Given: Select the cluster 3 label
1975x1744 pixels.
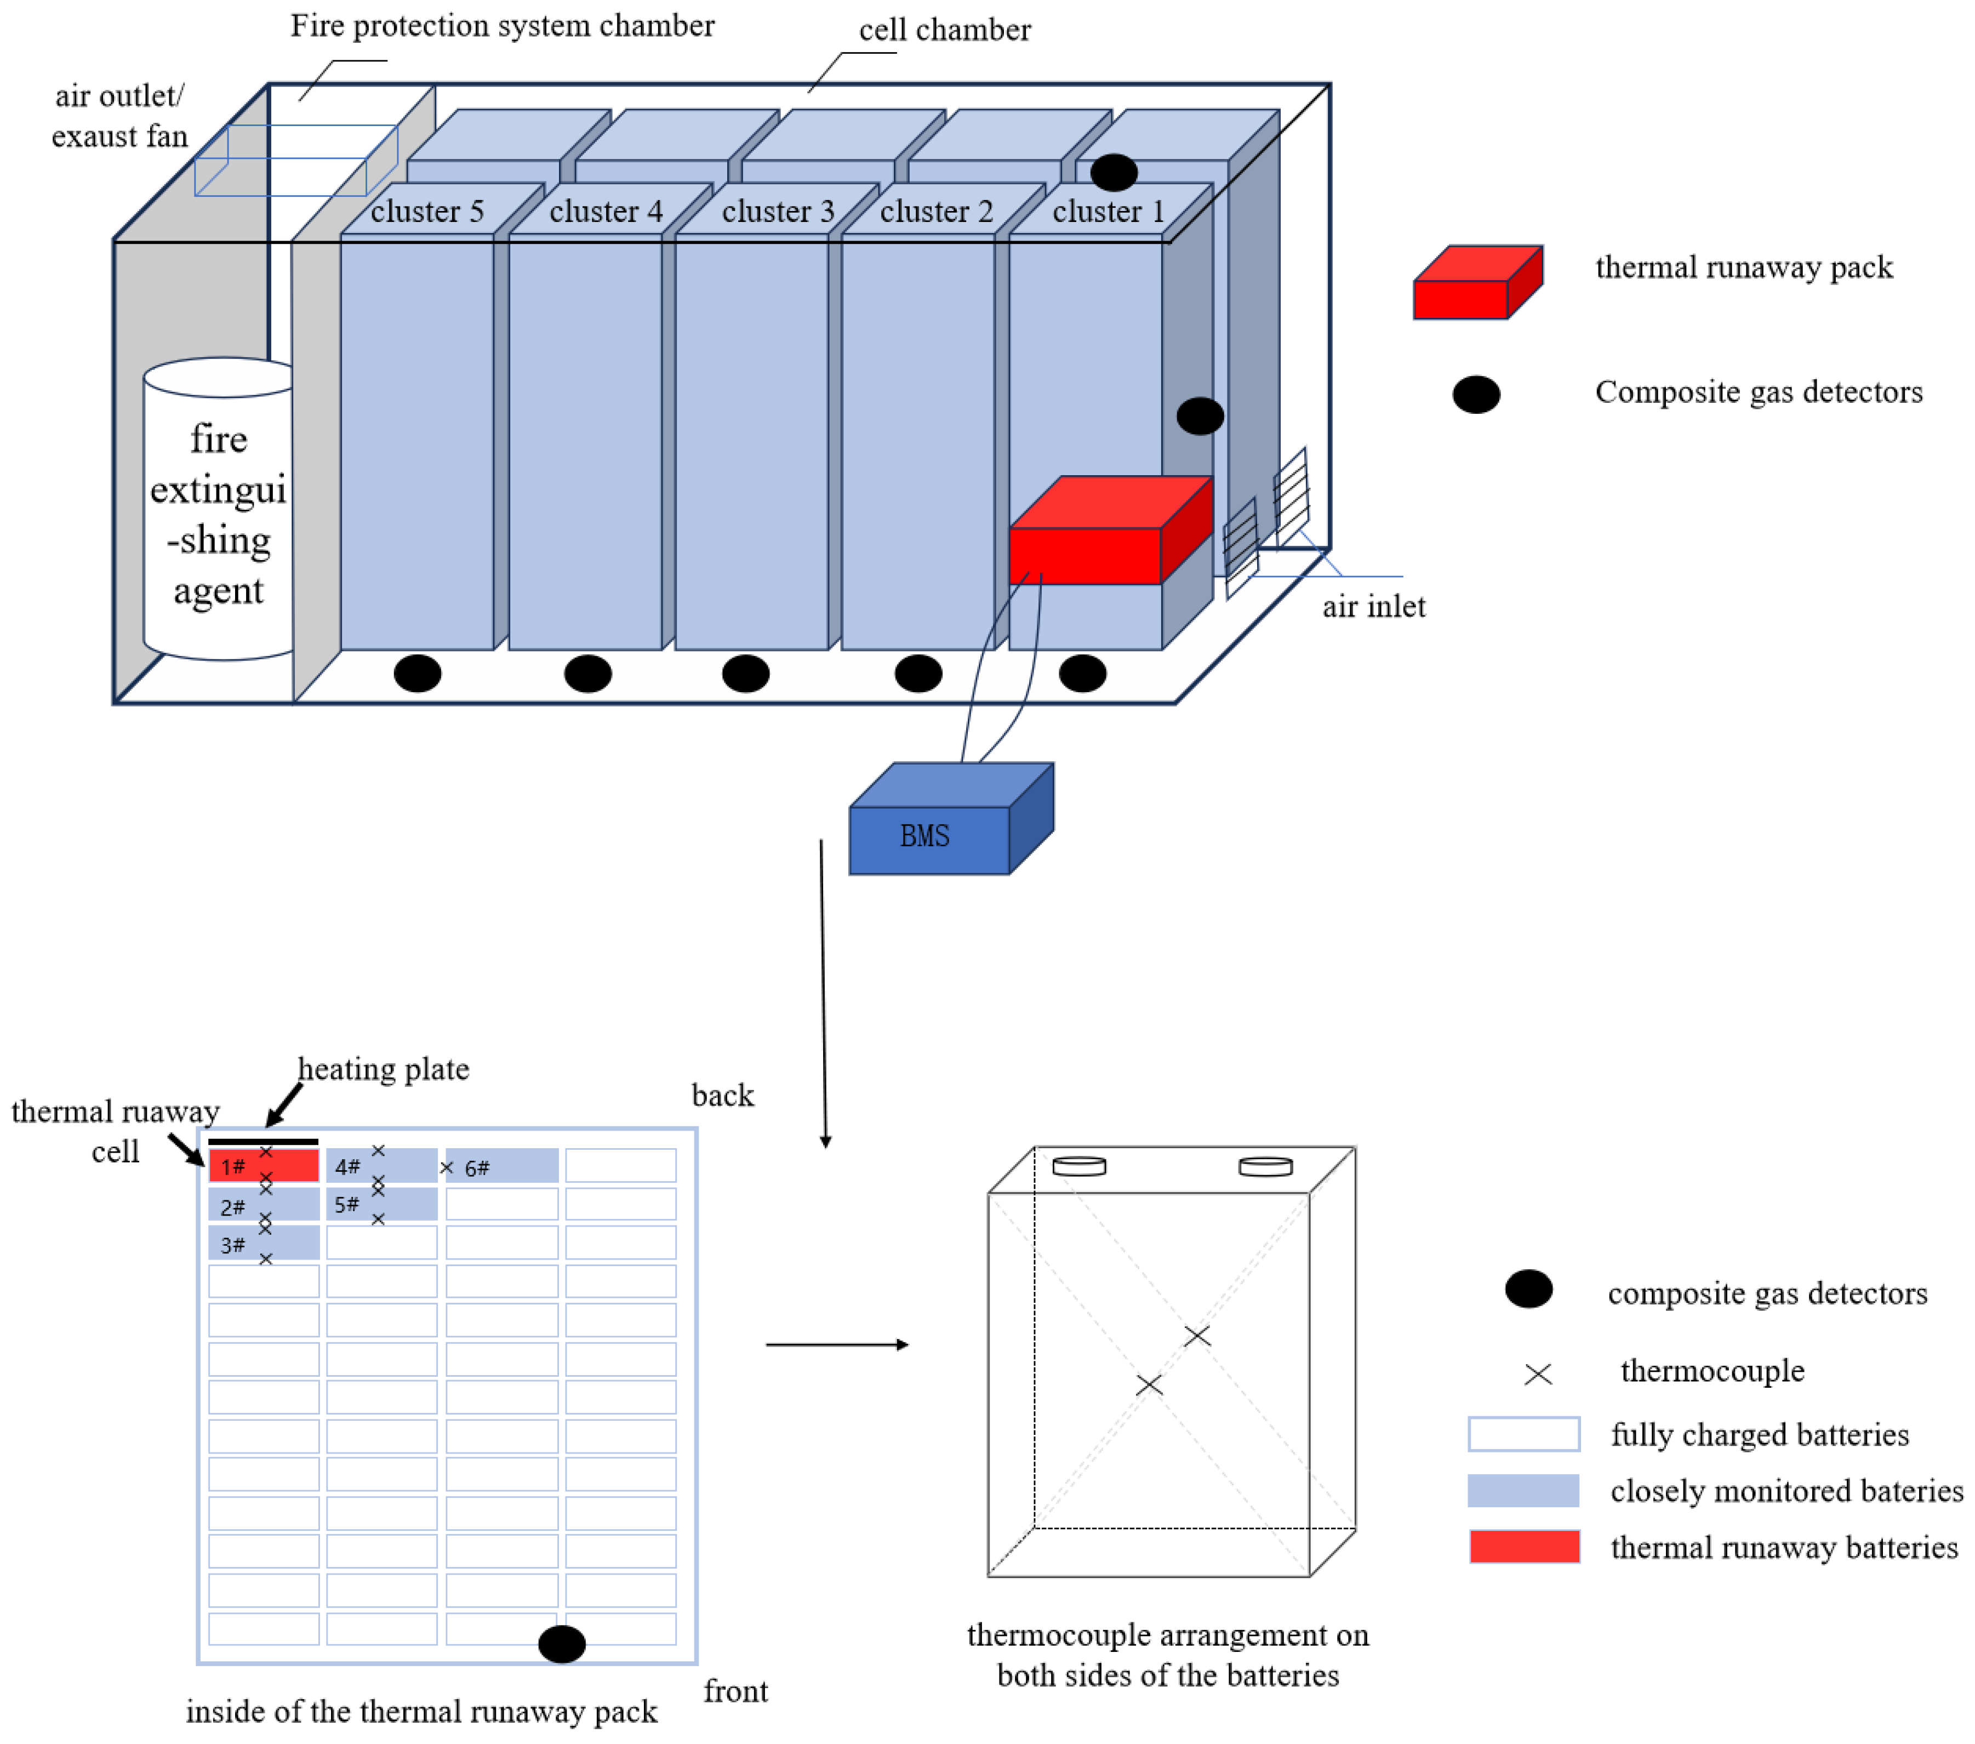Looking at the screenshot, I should click(778, 212).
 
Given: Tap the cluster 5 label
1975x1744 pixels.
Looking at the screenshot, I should click(427, 212).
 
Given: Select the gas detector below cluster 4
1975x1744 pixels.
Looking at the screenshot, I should click(587, 674).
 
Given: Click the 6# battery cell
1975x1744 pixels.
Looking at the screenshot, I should click(503, 1166).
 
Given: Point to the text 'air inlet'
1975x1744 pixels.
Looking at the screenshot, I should click(1373, 607).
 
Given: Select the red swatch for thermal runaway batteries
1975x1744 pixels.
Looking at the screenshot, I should click(1524, 1547).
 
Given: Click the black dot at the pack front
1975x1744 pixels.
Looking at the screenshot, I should click(561, 1644).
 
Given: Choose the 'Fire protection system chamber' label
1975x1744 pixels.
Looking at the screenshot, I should click(503, 26).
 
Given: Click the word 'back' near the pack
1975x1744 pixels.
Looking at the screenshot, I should click(723, 1096).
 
